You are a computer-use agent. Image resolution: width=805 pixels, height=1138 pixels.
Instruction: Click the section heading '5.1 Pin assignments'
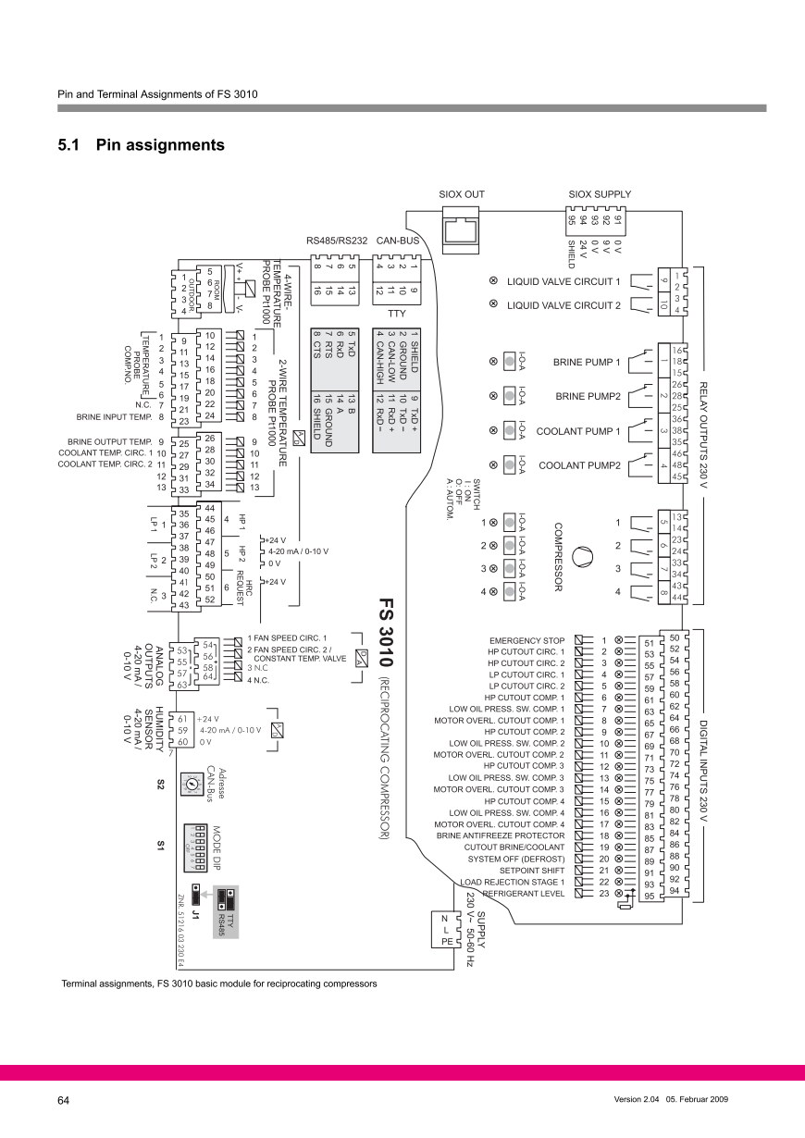pos(141,145)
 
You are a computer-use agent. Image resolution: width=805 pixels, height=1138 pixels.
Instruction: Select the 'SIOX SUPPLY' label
pos(600,194)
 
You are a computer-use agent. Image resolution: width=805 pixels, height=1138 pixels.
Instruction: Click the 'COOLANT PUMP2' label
pos(579,464)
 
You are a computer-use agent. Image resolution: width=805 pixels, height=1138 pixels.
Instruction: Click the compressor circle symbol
pos(581,557)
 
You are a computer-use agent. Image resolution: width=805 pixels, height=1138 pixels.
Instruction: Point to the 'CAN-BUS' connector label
pos(398,242)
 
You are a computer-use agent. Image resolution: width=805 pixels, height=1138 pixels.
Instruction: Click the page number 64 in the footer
pos(64,1100)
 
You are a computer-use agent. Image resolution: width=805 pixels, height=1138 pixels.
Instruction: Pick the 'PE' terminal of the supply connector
pos(445,941)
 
